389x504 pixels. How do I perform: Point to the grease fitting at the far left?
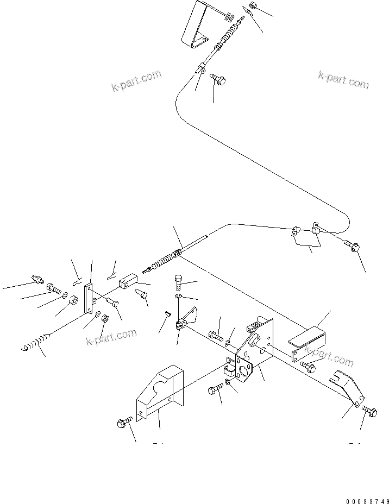pyautogui.click(x=37, y=279)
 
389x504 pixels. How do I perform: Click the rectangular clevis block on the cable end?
pyautogui.click(x=127, y=282)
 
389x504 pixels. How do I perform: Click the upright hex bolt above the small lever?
pyautogui.click(x=180, y=283)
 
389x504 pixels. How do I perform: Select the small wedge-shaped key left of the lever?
pyautogui.click(x=168, y=313)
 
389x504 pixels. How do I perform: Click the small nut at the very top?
pyautogui.click(x=252, y=7)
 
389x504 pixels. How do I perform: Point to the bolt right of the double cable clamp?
pyautogui.click(x=353, y=247)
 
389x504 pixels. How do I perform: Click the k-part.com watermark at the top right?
pyautogui.click(x=343, y=80)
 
